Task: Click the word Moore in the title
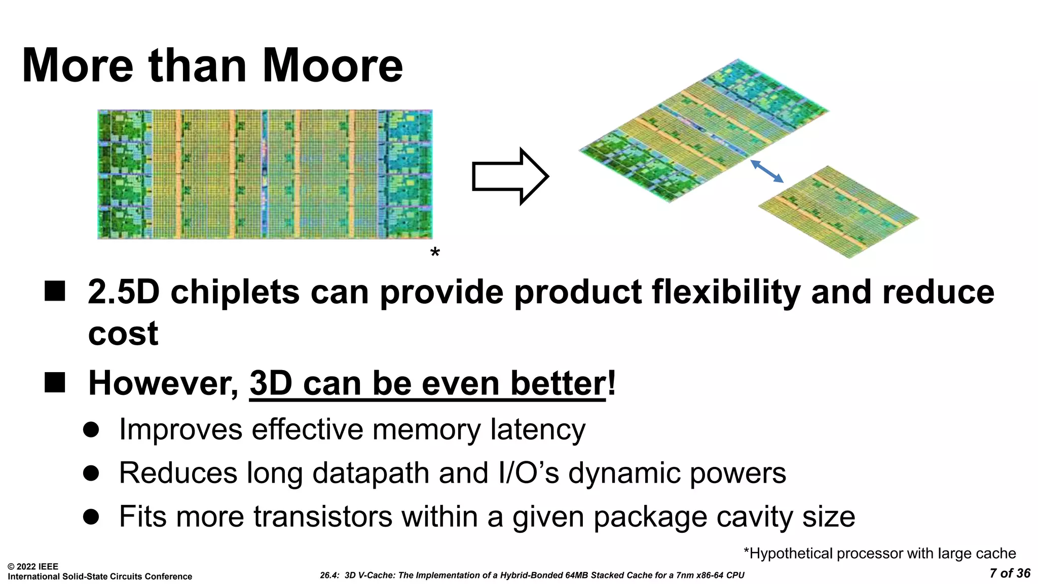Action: tap(332, 66)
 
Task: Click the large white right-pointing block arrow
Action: tap(509, 176)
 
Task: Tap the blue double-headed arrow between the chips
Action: tap(767, 171)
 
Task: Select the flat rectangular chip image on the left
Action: tap(265, 174)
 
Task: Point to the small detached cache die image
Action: tap(839, 212)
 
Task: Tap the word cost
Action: tap(123, 334)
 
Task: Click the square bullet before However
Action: tap(55, 383)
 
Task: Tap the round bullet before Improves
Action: tap(91, 430)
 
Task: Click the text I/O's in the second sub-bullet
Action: tap(529, 473)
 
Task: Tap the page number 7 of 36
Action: tap(1010, 573)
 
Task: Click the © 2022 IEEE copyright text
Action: tap(33, 567)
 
